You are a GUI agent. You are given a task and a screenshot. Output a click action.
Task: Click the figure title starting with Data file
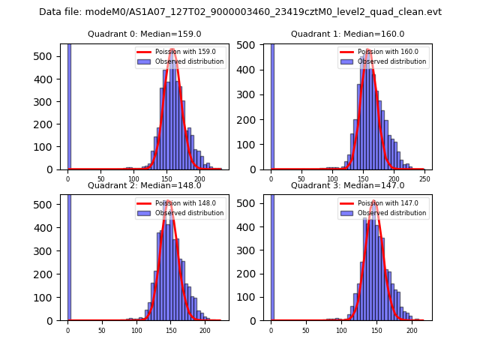[x=240, y=12]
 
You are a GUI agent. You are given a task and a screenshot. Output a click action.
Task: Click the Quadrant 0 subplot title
[x=144, y=34]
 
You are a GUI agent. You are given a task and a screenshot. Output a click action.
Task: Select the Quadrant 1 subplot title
[x=347, y=34]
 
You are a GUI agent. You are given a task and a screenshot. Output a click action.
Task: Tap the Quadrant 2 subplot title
[x=144, y=185]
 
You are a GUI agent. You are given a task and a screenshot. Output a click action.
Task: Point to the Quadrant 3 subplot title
[x=347, y=185]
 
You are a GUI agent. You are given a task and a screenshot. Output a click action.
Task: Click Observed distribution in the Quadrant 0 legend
[x=189, y=61]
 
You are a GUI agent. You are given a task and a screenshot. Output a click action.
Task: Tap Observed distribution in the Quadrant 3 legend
[x=392, y=213]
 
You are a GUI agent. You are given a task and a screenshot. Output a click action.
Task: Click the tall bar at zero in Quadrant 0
[x=69, y=105]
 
